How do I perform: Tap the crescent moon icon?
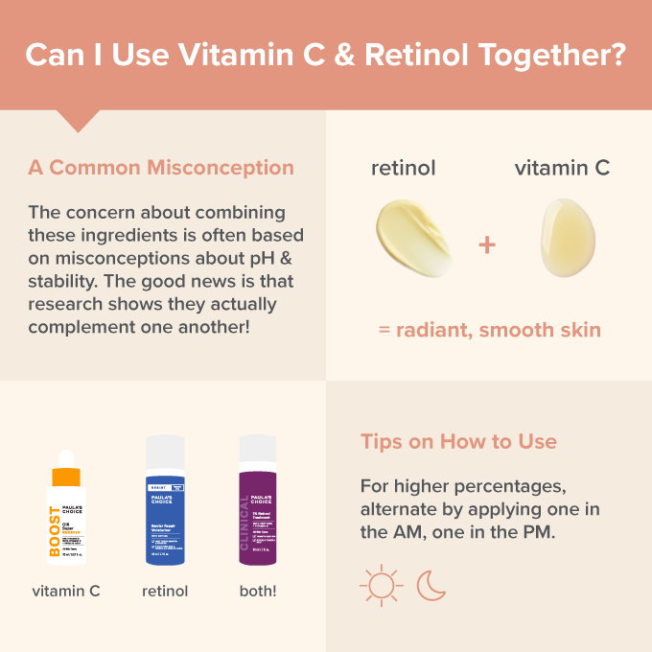click(x=431, y=586)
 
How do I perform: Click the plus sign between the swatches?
click(x=487, y=245)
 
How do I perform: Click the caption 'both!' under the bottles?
click(x=258, y=592)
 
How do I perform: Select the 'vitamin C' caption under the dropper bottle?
click(x=66, y=592)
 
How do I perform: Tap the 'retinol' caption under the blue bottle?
click(x=165, y=592)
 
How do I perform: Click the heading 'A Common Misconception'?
click(x=161, y=168)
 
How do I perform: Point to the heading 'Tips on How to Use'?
click(x=458, y=442)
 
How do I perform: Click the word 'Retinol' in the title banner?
click(x=407, y=54)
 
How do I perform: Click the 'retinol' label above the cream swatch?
click(x=404, y=169)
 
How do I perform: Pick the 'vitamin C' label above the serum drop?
click(x=562, y=169)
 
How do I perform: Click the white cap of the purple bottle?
click(x=257, y=451)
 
